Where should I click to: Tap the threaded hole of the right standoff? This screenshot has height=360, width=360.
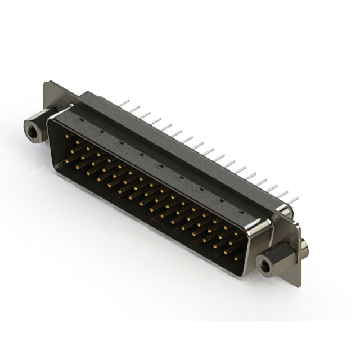click(x=264, y=262)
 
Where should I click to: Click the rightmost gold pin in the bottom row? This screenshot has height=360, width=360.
click(x=236, y=256)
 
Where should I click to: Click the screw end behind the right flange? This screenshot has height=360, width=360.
click(x=304, y=248)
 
